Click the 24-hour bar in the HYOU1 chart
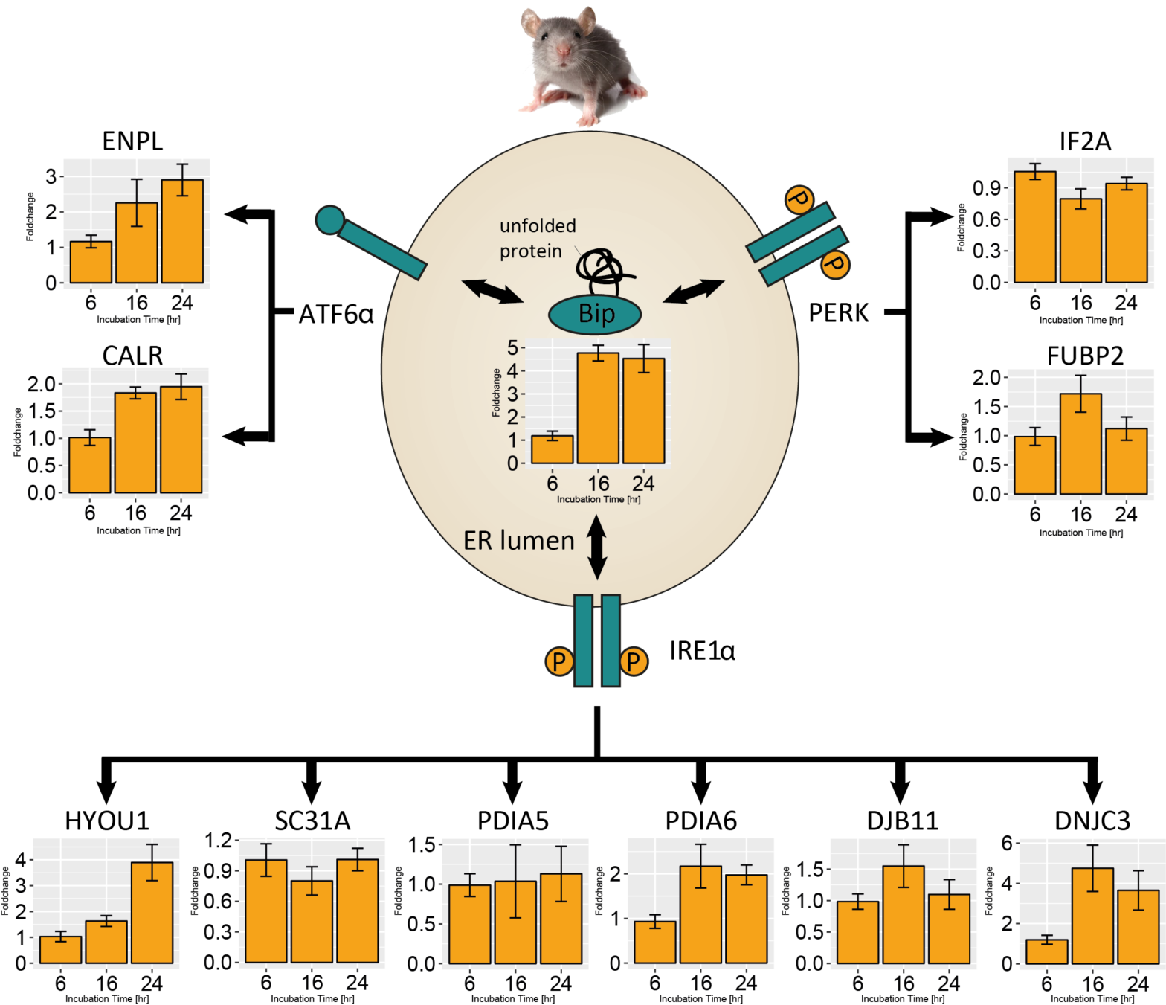(152, 913)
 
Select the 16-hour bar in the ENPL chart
(137, 243)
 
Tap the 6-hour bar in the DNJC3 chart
(1046, 951)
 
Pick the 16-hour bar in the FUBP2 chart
(1080, 443)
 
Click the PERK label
(838, 312)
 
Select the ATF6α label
(336, 315)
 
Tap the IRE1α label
(702, 651)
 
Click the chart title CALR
(132, 356)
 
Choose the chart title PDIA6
(700, 821)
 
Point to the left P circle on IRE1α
(559, 661)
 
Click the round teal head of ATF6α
(330, 219)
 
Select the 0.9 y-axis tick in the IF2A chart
(988, 188)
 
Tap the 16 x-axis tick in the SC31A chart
(312, 983)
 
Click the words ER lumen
(518, 540)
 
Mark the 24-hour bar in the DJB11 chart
(949, 929)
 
